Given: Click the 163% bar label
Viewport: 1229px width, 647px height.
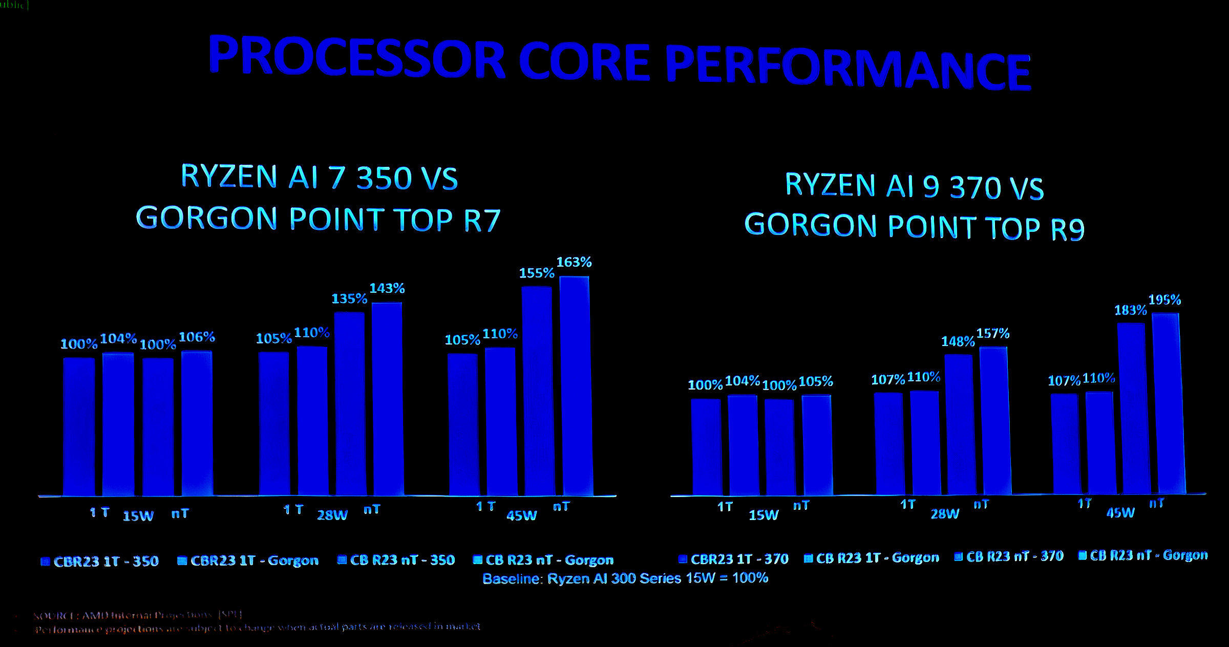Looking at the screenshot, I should [x=574, y=263].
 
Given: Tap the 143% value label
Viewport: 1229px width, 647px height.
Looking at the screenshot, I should [x=387, y=289].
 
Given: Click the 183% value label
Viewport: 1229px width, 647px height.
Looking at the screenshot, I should [x=1130, y=311].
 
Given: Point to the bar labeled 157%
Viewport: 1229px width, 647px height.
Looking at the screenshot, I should [x=995, y=421].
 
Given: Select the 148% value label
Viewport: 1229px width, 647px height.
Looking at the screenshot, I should [x=958, y=341].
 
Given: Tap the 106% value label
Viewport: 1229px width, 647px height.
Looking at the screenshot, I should [x=197, y=337].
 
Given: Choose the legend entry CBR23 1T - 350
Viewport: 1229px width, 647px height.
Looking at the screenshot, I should [x=100, y=562].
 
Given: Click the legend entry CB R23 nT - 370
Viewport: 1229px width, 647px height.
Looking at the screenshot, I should [x=1009, y=557].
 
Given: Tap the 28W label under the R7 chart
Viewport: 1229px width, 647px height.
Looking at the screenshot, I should [x=332, y=515].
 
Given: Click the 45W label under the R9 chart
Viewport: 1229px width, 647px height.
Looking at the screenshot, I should [x=1120, y=513].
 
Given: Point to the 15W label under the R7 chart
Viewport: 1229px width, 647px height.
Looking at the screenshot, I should [x=138, y=516].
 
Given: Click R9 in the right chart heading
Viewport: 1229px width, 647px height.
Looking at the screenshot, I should [x=1068, y=230].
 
